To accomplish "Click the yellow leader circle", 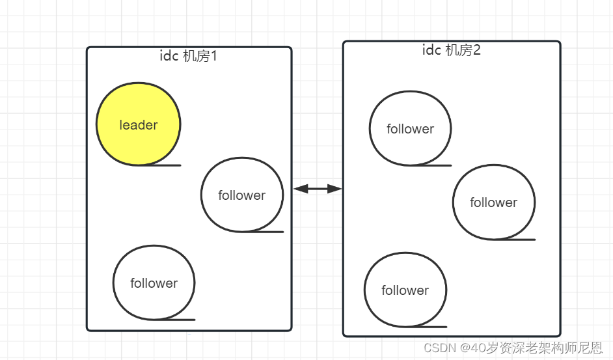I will point(138,124).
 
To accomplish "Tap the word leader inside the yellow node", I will point(139,125).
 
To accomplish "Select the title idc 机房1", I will point(188,56).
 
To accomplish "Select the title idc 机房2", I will point(451,50).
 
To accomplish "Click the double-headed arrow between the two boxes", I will point(318,189).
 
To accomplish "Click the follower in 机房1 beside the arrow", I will point(242,195).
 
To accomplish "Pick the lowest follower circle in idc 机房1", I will point(154,283).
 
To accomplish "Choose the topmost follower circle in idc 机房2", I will point(410,128).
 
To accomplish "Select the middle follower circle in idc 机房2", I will point(493,202).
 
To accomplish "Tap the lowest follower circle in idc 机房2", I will point(405,290).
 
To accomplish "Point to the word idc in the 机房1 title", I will point(169,56).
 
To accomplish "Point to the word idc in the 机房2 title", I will point(432,50).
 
